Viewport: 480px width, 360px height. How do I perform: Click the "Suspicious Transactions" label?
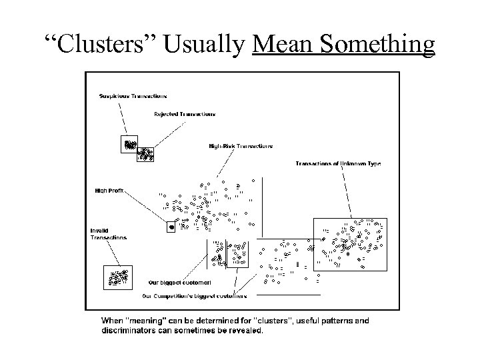click(x=133, y=97)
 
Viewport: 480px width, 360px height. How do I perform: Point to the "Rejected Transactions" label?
click(x=185, y=114)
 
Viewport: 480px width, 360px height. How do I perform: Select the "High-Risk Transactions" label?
click(x=240, y=146)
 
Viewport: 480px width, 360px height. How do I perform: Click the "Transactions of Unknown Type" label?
click(x=338, y=164)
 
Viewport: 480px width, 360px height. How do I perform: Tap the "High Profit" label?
click(x=109, y=190)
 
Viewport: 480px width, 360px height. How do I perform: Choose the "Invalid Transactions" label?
click(x=108, y=234)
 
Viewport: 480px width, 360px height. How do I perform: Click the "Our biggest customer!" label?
click(x=179, y=283)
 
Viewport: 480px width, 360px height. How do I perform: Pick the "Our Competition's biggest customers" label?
click(x=195, y=296)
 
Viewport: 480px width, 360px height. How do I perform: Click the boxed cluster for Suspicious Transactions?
click(x=129, y=144)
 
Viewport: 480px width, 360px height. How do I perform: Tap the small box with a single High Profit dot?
click(x=171, y=227)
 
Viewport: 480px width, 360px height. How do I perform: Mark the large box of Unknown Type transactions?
click(x=349, y=244)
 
